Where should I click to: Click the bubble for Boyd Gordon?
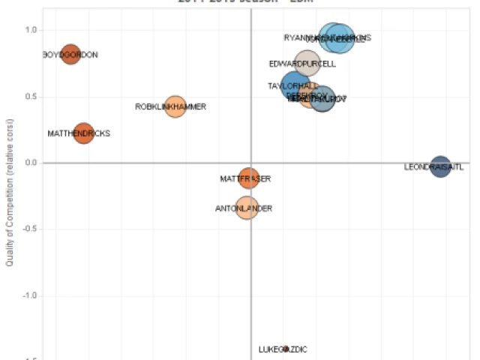70,54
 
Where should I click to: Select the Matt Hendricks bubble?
83,133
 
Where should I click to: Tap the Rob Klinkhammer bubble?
175,106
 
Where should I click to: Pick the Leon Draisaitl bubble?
440,166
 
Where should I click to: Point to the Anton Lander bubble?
247,207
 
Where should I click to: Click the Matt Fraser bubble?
250,178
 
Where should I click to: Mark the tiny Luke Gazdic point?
286,349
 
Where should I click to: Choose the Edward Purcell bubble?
307,64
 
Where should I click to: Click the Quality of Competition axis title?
10,195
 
